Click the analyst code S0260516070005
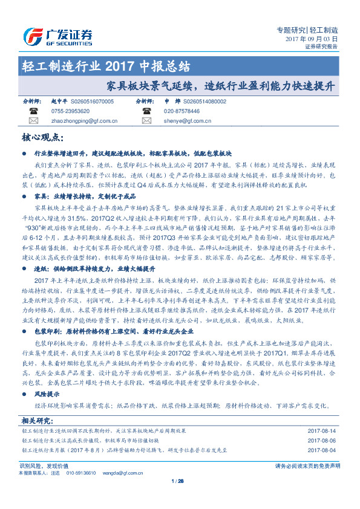92,102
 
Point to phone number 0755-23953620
70,111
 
